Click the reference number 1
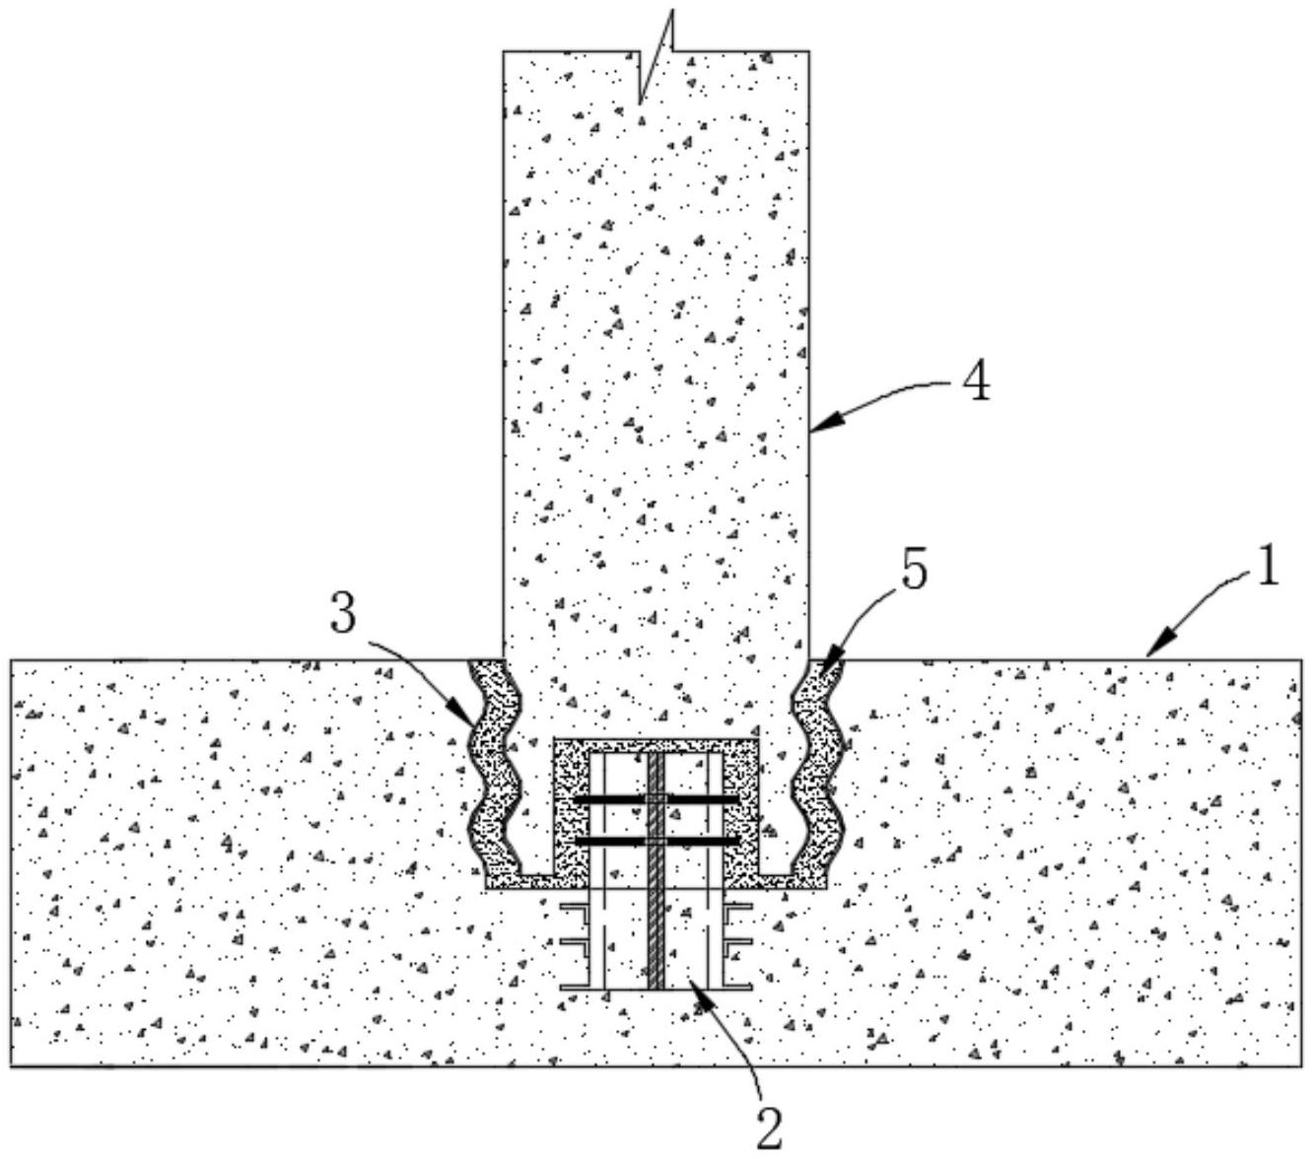[1266, 569]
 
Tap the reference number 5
[914, 572]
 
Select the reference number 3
[343, 616]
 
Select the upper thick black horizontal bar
[656, 798]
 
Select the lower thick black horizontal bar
[656, 841]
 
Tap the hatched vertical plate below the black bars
[656, 936]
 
